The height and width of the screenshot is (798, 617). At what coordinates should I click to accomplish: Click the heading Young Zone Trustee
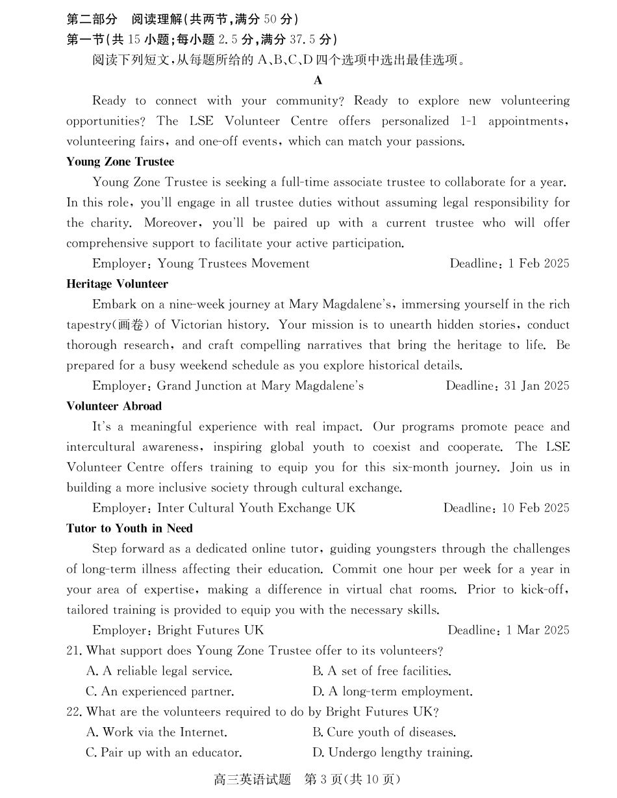(x=120, y=162)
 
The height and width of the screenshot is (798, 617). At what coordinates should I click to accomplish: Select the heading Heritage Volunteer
(x=117, y=284)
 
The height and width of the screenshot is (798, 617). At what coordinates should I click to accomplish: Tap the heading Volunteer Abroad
(x=114, y=406)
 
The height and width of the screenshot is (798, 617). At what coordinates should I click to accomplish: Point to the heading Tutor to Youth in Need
(x=129, y=529)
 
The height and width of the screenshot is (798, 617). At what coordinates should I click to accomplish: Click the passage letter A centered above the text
(x=318, y=81)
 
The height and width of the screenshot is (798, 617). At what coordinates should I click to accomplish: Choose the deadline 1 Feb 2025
(x=538, y=264)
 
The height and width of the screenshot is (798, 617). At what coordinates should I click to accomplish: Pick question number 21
(x=74, y=651)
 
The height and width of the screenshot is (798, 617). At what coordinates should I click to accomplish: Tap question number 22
(x=74, y=712)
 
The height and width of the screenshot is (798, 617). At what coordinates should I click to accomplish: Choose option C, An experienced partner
(x=160, y=692)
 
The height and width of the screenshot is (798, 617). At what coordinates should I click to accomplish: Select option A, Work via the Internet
(x=157, y=732)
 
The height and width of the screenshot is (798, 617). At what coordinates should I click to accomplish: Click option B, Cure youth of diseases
(x=384, y=732)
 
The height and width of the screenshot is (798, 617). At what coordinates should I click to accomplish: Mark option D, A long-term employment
(x=392, y=692)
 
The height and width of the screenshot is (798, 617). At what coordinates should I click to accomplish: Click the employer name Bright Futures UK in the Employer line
(x=210, y=630)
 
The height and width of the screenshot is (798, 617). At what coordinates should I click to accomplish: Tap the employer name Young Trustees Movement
(x=233, y=264)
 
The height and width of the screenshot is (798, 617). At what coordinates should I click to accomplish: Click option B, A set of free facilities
(x=382, y=671)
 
